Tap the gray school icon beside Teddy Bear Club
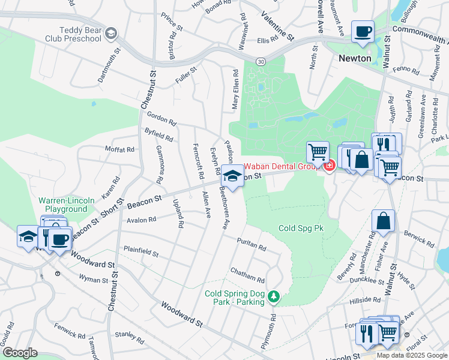[x=110, y=34]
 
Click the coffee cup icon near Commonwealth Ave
[x=363, y=31]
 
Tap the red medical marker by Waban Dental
[x=329, y=166]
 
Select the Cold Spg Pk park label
[x=301, y=228]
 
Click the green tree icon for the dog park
[x=273, y=296]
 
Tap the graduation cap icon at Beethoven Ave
[x=232, y=176]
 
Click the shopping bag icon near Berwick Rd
[x=383, y=221]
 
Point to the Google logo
[x=19, y=353]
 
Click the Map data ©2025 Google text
[x=412, y=355]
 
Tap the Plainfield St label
[x=140, y=251]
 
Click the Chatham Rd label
[x=247, y=276]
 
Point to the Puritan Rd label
[x=252, y=243]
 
